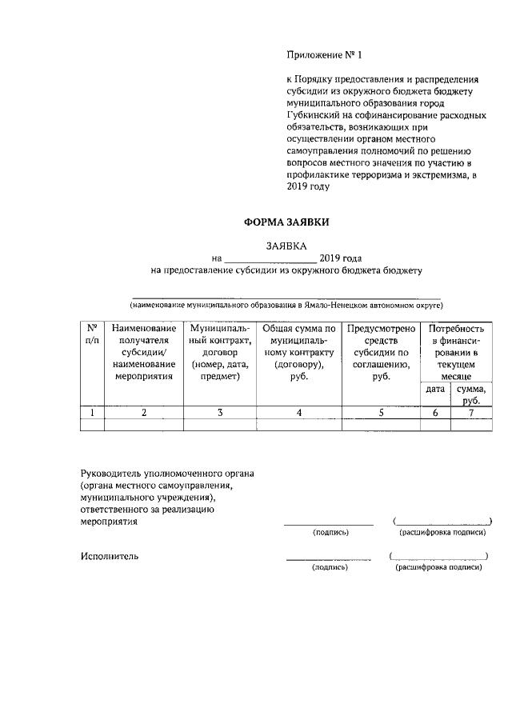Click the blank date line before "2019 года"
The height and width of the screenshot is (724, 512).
pos(270,260)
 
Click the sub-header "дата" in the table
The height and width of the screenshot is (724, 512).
pos(434,389)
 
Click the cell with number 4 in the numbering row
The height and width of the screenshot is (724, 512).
pos(298,413)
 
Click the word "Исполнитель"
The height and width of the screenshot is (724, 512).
pos(110,556)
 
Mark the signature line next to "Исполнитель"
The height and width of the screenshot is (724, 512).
pos(329,557)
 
